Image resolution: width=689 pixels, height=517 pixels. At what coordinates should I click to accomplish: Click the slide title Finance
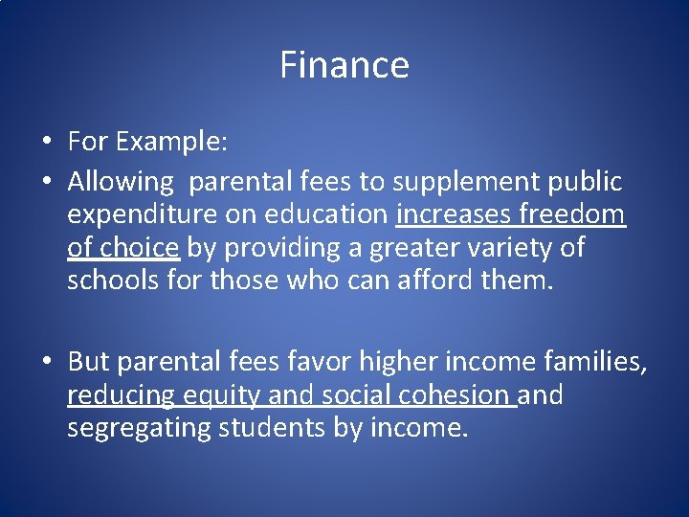pyautogui.click(x=344, y=65)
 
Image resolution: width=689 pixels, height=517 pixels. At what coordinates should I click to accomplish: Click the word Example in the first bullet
pyautogui.click(x=173, y=143)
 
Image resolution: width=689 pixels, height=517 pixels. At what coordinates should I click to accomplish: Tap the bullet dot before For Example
pyautogui.click(x=47, y=143)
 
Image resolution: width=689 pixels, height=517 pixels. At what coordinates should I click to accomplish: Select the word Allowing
pyautogui.click(x=122, y=181)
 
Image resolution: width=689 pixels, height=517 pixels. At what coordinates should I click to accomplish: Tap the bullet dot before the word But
pyautogui.click(x=47, y=361)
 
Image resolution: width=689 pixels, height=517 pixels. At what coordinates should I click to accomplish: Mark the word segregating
pyautogui.click(x=139, y=428)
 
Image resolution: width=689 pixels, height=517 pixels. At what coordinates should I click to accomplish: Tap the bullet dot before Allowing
pyautogui.click(x=47, y=181)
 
